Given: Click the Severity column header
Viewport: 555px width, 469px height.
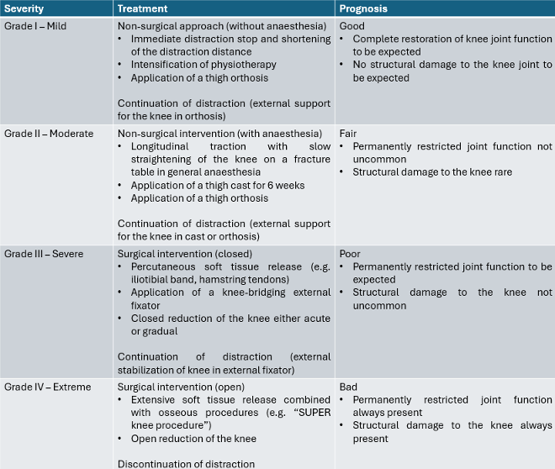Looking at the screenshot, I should click(x=24, y=8).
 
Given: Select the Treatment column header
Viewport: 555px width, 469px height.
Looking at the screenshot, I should click(x=142, y=8).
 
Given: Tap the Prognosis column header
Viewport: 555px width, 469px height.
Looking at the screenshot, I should click(x=362, y=8).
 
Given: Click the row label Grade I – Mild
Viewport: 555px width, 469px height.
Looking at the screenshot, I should click(x=35, y=26).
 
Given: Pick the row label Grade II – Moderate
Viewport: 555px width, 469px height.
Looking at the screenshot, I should click(x=49, y=134).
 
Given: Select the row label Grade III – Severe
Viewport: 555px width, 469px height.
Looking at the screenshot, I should click(x=44, y=254).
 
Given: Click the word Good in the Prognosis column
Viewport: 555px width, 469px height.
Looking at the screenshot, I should click(x=351, y=26).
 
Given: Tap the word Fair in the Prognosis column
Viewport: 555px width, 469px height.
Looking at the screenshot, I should click(x=348, y=134).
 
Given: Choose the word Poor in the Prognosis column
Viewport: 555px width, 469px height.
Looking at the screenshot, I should click(x=350, y=254).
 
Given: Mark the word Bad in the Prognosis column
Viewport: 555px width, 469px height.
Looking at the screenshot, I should click(x=348, y=387).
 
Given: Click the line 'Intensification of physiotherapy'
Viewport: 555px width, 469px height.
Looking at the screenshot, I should click(x=203, y=65).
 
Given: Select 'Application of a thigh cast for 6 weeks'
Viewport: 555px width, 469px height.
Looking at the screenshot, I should click(x=218, y=185).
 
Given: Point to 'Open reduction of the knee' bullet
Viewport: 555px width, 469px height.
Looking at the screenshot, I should click(x=193, y=439).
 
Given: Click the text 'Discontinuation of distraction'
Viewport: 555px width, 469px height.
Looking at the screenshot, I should click(x=186, y=463).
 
